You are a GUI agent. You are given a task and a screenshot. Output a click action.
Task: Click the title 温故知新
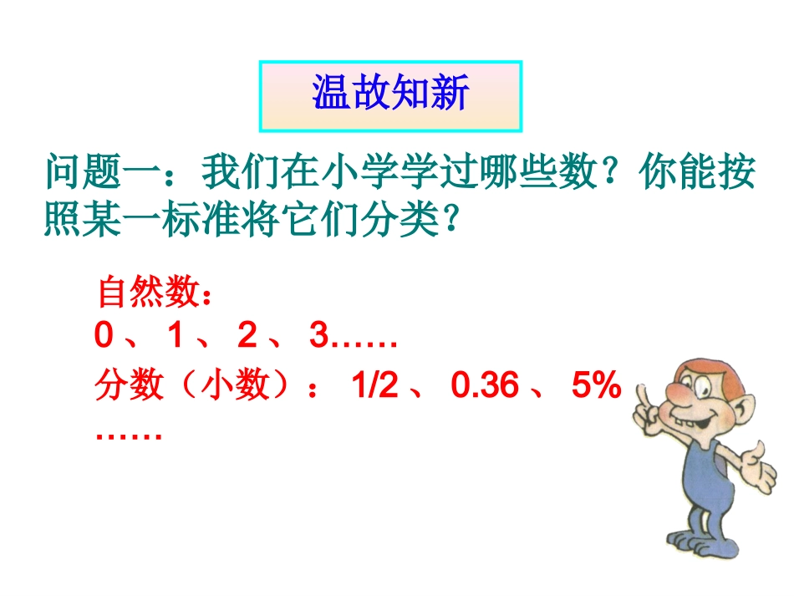[x=390, y=94]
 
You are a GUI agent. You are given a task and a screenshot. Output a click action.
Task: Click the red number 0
[x=104, y=337]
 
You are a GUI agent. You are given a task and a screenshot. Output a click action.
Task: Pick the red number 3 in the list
[x=318, y=337]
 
